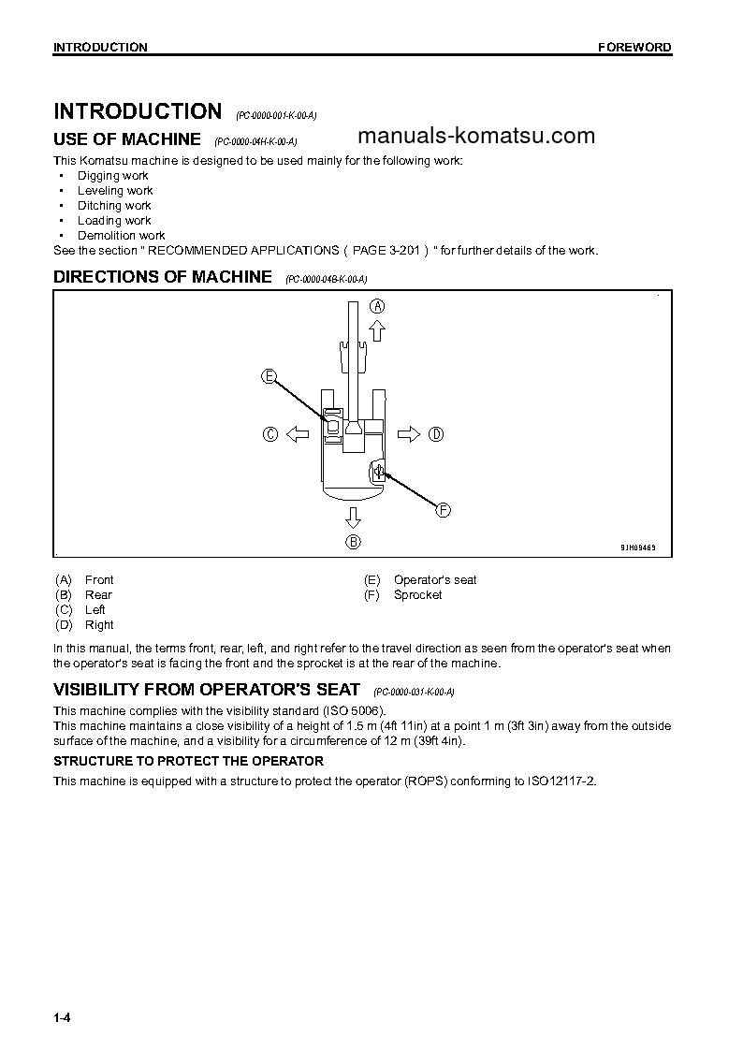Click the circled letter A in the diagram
[377, 305]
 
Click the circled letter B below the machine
[353, 541]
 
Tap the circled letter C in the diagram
[270, 433]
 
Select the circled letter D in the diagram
[436, 433]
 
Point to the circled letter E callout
[269, 376]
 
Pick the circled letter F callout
[444, 509]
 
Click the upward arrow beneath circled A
[377, 328]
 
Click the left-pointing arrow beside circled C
[297, 433]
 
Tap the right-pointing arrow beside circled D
[409, 433]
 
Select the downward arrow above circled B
[353, 517]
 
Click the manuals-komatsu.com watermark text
[475, 136]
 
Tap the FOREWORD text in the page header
[634, 48]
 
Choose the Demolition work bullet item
[121, 236]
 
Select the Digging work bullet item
[112, 176]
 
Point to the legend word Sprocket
[417, 595]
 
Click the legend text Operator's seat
[434, 580]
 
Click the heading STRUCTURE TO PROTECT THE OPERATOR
[188, 761]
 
